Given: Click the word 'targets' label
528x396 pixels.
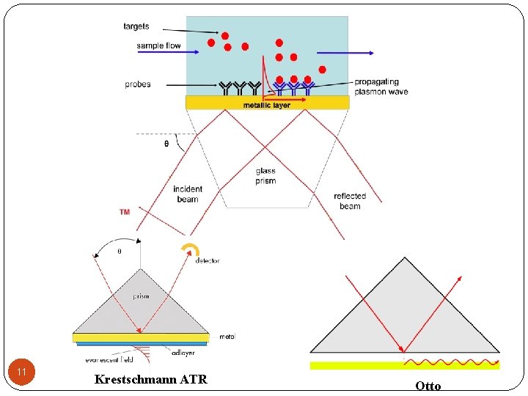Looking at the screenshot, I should point(136,26).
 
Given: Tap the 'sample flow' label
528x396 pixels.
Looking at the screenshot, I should point(158,46).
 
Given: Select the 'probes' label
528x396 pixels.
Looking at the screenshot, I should point(138,84).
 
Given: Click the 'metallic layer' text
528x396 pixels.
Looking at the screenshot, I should point(267,106).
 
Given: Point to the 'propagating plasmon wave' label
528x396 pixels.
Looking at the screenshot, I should point(381,87).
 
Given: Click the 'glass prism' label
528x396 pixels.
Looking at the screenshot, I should point(265,176).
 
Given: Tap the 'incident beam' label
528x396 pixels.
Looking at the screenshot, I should point(188,194).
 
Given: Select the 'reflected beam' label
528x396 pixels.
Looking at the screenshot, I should point(350,201).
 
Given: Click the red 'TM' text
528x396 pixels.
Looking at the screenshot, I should point(125,212).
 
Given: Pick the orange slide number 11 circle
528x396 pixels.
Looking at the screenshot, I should point(22,373).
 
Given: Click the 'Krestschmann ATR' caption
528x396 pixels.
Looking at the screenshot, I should point(151,379).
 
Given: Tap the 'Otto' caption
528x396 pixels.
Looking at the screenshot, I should point(428,386).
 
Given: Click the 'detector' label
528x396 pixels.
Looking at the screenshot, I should point(208,261).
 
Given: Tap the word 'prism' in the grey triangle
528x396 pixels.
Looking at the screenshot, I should point(141,296).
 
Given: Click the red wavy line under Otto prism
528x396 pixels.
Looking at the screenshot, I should point(452,362).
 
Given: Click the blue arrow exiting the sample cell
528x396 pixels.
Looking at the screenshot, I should point(356,53).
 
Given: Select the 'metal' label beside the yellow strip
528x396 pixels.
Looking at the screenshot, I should point(227,337).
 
